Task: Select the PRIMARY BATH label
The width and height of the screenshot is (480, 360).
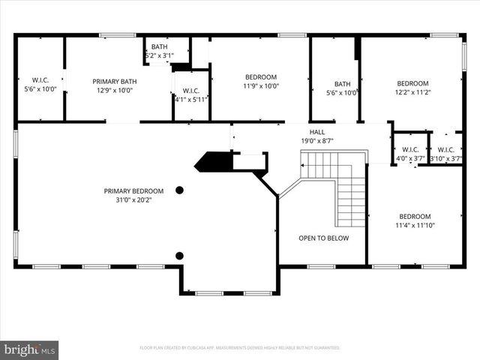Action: click(x=112, y=81)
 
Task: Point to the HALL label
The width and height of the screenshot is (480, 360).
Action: click(x=317, y=130)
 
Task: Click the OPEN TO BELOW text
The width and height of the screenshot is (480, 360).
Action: click(x=323, y=238)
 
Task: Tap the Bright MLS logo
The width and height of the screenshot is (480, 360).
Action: click(x=30, y=349)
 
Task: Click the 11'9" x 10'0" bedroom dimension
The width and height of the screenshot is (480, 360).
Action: click(x=260, y=86)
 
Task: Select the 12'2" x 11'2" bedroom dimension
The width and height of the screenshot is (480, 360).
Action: click(x=412, y=92)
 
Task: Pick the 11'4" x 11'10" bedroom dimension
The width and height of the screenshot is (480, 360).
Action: click(x=415, y=225)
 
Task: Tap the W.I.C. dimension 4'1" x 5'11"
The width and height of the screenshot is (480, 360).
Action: click(x=190, y=98)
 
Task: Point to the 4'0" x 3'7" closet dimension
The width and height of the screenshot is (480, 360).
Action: click(x=410, y=158)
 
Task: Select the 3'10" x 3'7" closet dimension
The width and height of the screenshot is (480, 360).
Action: click(x=445, y=158)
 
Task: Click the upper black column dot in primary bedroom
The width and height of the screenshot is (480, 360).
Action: click(x=179, y=190)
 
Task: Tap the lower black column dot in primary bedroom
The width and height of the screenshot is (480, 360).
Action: click(x=179, y=256)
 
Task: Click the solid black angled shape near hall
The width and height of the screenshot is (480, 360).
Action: click(x=214, y=161)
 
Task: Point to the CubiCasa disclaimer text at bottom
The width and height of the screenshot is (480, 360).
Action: click(x=240, y=348)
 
